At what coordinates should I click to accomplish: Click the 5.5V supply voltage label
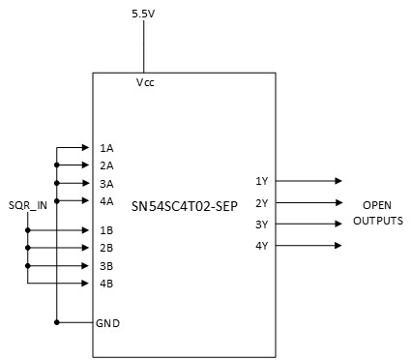[x=144, y=14]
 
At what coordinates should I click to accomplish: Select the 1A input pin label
[x=106, y=148]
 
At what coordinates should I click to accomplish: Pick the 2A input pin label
[x=106, y=165]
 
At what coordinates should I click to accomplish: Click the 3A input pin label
[x=106, y=183]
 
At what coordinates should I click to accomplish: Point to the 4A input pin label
[x=106, y=201]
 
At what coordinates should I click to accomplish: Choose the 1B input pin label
[x=106, y=230]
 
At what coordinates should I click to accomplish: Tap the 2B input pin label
[x=106, y=248]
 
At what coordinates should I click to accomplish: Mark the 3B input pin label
[x=106, y=265]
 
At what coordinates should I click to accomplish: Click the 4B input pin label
[x=106, y=284]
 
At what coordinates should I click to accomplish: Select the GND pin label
[x=108, y=322]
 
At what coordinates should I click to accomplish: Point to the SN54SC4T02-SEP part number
[x=185, y=206]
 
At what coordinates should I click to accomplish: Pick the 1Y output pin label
[x=261, y=181]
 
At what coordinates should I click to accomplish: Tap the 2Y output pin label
[x=261, y=203]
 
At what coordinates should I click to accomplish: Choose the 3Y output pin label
[x=261, y=225]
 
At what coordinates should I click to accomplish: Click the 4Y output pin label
[x=261, y=246]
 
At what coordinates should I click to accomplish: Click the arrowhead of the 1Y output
[x=338, y=181]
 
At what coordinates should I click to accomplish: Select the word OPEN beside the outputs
[x=377, y=206]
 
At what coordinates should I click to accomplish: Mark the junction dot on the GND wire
[x=57, y=321]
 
